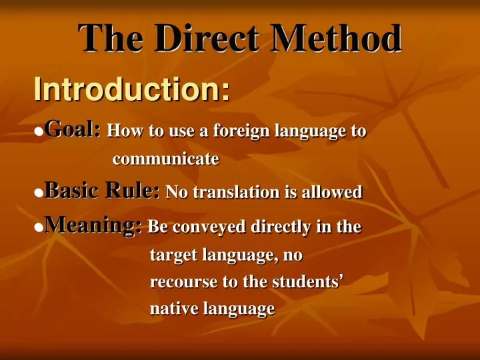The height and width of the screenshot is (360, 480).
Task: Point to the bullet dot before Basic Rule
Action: coord(39,193)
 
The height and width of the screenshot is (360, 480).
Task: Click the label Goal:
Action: coord(73,129)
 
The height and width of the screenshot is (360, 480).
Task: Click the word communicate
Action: coord(165,160)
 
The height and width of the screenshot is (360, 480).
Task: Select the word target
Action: coord(170,255)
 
